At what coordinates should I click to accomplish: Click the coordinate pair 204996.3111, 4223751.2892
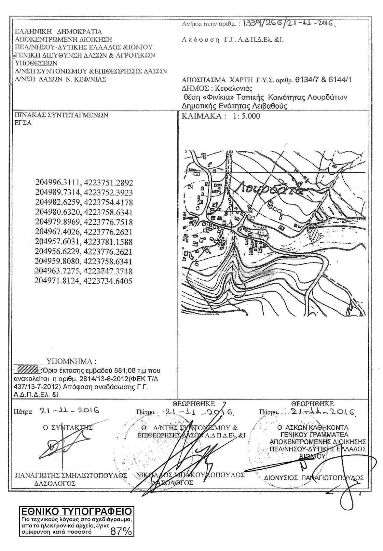84,183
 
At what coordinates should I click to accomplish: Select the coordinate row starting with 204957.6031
84,242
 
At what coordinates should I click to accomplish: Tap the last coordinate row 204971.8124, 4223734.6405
83,281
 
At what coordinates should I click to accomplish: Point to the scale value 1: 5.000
246,116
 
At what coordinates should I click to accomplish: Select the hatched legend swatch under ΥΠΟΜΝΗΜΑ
29,370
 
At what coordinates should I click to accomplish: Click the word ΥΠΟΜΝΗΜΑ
72,361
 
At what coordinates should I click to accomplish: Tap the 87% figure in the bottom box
121,532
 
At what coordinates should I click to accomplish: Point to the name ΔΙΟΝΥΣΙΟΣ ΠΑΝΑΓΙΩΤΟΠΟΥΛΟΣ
314,477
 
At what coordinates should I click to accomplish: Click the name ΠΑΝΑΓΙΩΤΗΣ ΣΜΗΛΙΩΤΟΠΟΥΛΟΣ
71,475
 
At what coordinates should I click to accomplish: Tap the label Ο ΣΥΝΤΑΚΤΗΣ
68,427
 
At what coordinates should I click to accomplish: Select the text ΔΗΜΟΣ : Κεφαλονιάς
217,88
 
